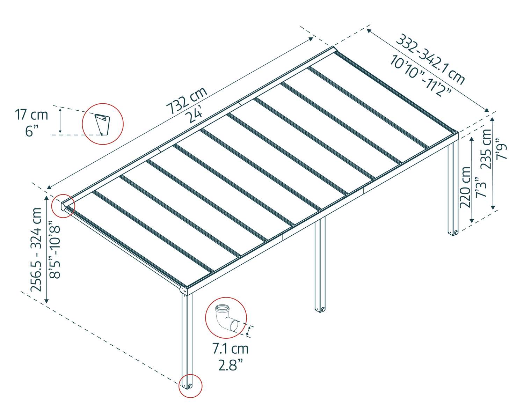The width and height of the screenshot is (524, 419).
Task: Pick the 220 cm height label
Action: click(466, 187)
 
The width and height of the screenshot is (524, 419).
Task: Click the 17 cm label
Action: click(31, 115)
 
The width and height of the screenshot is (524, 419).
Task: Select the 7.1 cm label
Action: click(230, 348)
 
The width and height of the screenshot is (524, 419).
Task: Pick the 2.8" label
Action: click(230, 365)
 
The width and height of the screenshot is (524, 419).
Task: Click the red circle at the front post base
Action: click(190, 386)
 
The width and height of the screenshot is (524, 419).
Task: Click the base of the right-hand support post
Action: click(453, 232)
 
